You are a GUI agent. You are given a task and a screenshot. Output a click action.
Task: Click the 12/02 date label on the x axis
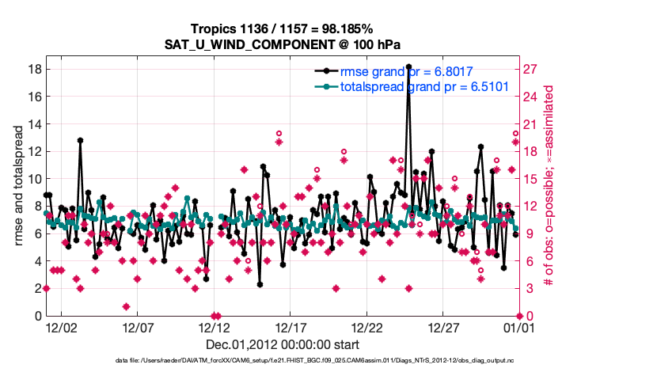coord(61,326)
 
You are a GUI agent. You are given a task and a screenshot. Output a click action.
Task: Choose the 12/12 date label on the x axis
coord(214,326)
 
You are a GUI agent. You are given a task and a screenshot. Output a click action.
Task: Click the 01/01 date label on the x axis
coord(519,326)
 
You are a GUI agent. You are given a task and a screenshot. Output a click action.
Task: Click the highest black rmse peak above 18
coord(408,66)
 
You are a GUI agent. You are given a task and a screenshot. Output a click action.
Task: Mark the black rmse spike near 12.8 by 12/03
coord(80,140)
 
